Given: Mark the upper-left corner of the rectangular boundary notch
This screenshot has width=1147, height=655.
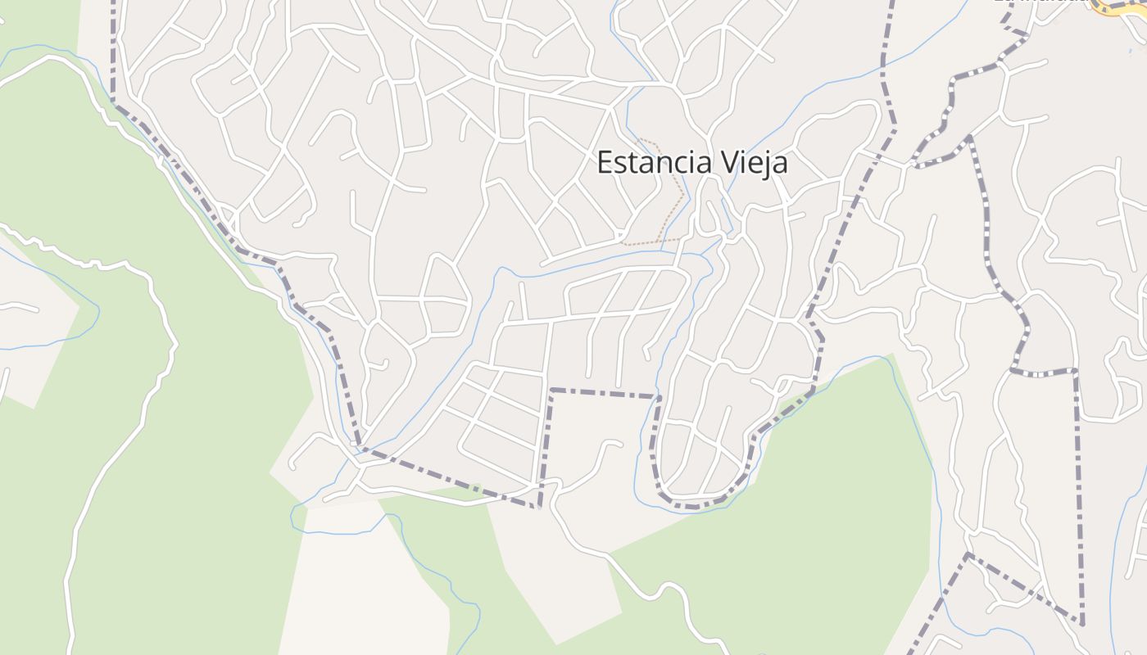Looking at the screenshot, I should [552, 390].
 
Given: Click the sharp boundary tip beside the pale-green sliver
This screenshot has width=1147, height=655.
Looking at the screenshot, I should [538, 507].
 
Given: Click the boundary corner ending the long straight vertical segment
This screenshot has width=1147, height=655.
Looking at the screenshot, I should [1082, 624].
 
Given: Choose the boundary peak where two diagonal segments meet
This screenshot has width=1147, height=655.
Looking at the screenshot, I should [968, 554].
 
